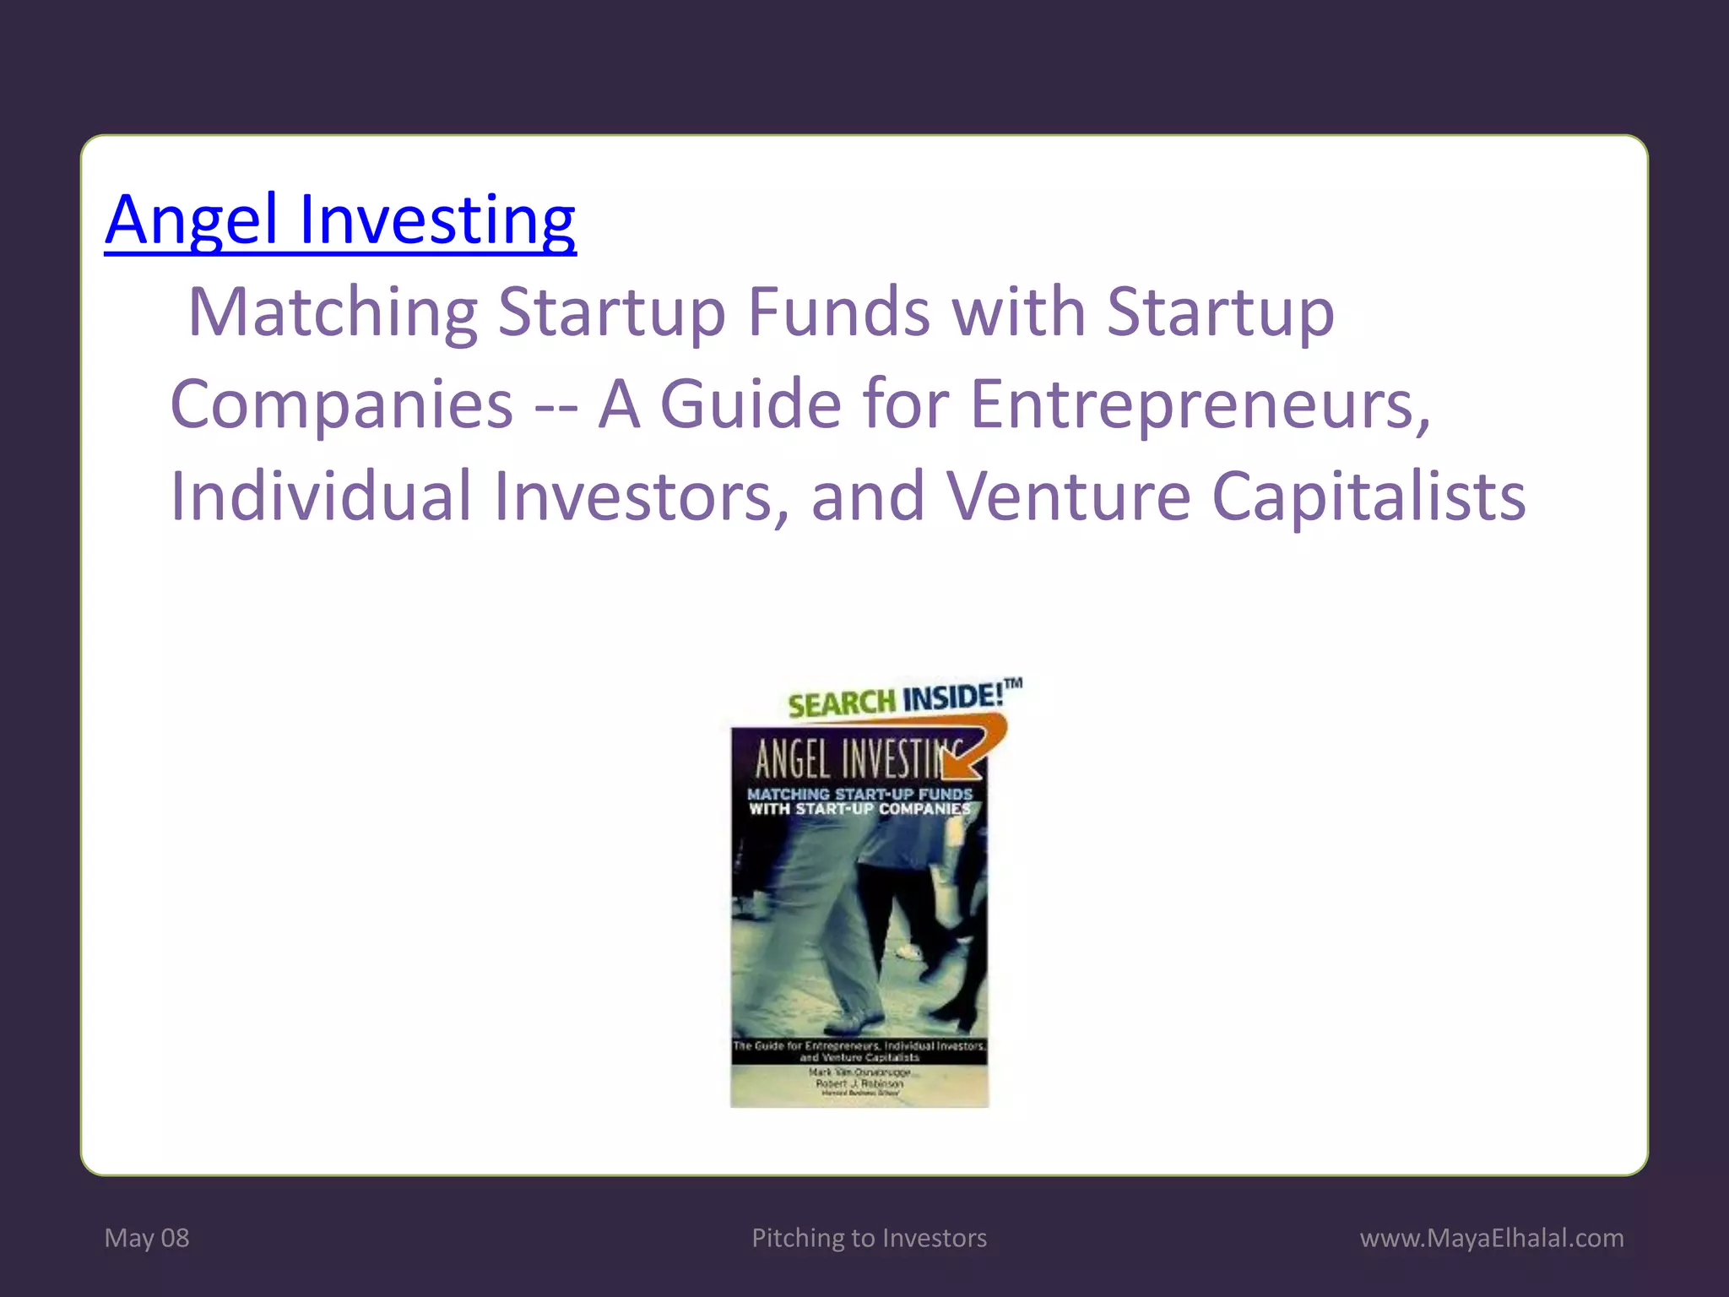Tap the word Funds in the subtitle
pos(839,312)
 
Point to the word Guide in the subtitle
pos(750,404)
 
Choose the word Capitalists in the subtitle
pos(1369,497)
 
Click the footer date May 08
pos(147,1238)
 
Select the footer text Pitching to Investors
pos(869,1238)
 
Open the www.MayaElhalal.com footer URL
pos(1492,1238)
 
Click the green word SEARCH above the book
pos(841,703)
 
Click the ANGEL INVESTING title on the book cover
pos(848,760)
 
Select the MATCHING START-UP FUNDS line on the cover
pos(859,794)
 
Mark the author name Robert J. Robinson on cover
pos(859,1083)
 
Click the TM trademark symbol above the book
pos(1014,683)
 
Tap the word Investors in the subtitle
pos(640,497)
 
